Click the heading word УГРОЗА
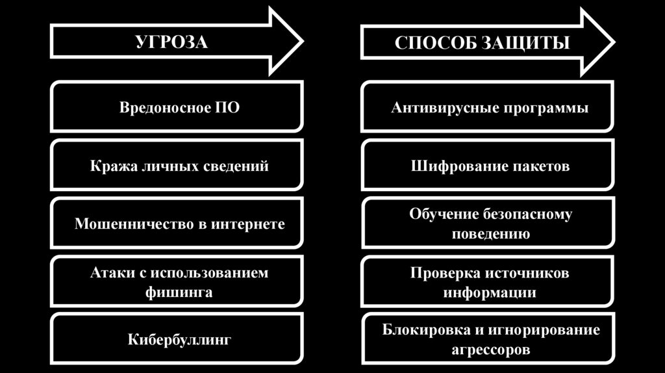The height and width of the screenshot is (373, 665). pyautogui.click(x=171, y=44)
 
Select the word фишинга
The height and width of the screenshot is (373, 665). pyautogui.click(x=179, y=292)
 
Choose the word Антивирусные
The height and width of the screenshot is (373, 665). pyautogui.click(x=438, y=107)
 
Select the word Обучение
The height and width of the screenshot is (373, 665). pyautogui.click(x=444, y=214)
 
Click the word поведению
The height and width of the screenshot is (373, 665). pyautogui.click(x=490, y=234)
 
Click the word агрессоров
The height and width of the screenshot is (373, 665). pyautogui.click(x=490, y=350)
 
